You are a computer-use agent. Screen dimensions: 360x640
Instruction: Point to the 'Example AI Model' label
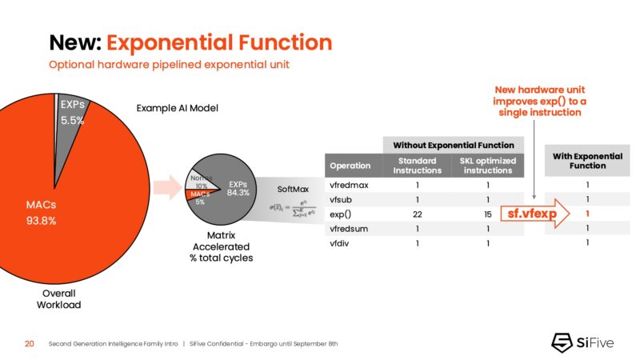pos(177,108)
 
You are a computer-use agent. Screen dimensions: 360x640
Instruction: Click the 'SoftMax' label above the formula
pos(293,190)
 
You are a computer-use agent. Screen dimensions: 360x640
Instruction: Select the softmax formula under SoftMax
pos(293,210)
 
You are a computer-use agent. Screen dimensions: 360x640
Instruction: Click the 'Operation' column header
pos(350,166)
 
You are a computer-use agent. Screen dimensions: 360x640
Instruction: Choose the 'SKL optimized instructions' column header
pos(487,166)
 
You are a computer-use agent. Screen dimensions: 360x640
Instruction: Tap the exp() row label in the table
pos(341,214)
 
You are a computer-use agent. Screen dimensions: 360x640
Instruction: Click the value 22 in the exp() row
pos(416,214)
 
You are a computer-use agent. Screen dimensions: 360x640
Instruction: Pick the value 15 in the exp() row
pos(487,214)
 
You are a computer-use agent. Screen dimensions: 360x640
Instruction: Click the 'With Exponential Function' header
pos(587,161)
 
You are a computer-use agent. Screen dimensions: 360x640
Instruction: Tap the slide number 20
pos(29,343)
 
